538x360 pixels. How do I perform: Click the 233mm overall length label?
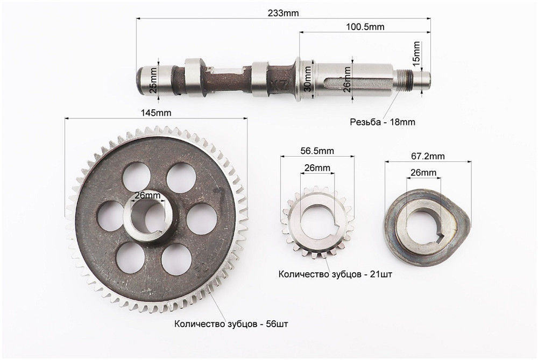click(x=284, y=13)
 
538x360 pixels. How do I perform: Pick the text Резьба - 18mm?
click(x=382, y=122)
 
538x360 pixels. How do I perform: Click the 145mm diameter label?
click(x=155, y=113)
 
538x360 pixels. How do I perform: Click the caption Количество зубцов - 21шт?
click(x=335, y=274)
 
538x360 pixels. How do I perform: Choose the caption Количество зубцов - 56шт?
click(x=231, y=324)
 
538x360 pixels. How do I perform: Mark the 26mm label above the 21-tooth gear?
click(x=317, y=168)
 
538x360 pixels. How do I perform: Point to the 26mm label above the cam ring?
click(x=423, y=173)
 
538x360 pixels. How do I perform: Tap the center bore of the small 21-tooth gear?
click(x=317, y=222)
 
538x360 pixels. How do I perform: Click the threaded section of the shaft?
click(x=407, y=79)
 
